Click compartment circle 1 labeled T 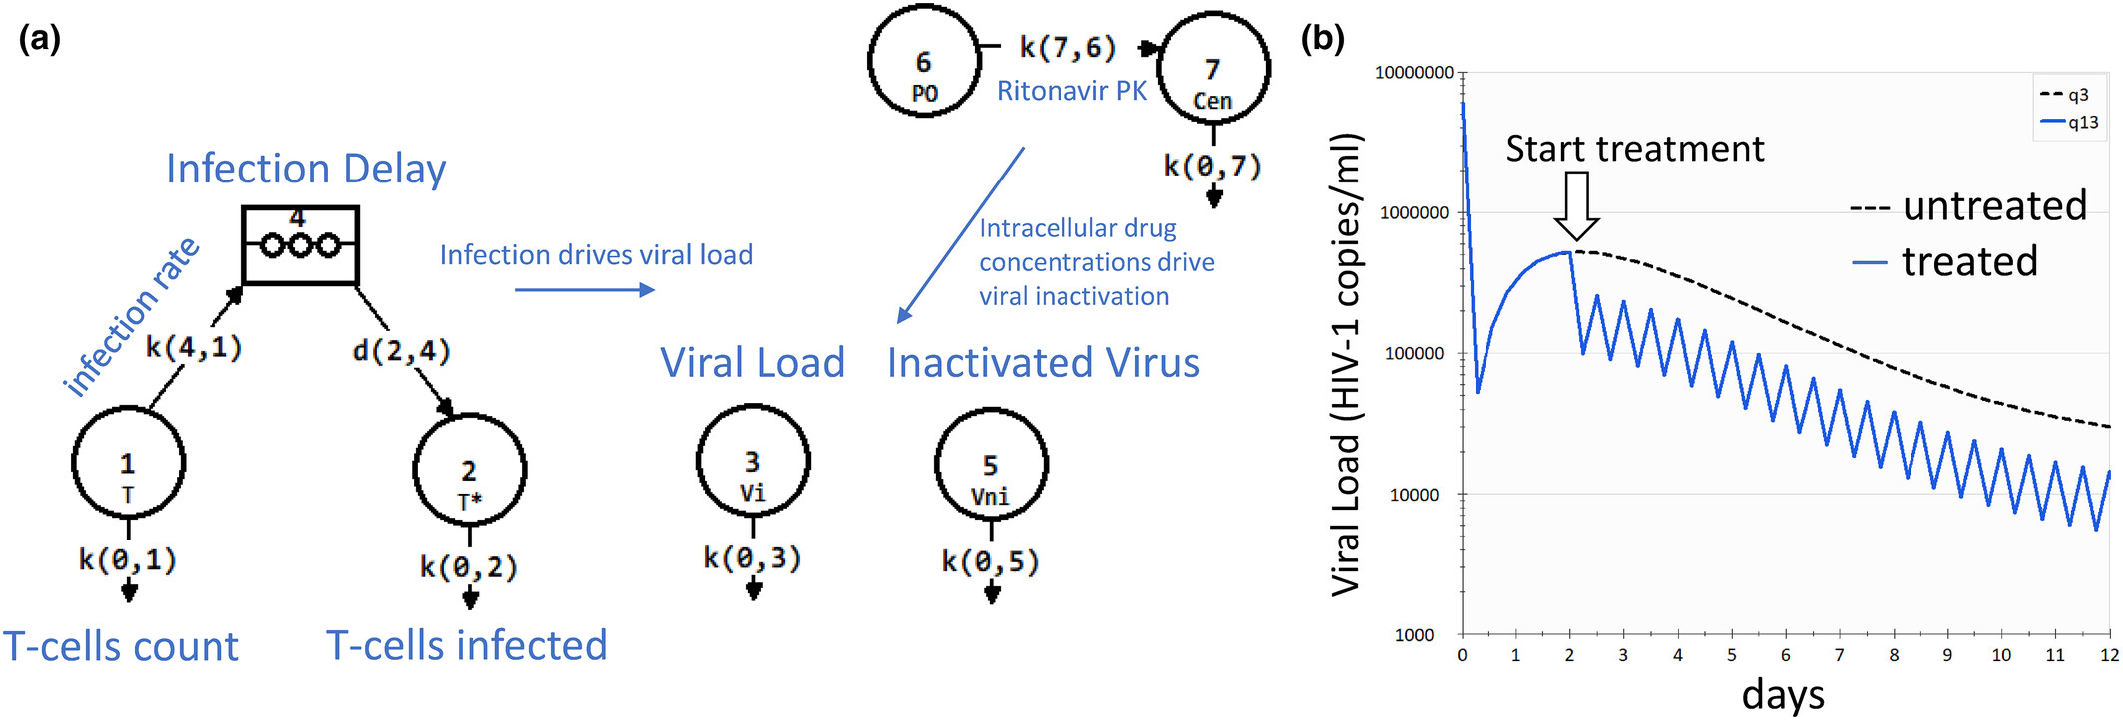pos(128,462)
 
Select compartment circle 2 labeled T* pos(469,470)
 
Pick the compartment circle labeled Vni pos(990,464)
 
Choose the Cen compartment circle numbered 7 pos(1213,68)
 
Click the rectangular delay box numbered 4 pos(300,245)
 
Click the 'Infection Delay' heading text pos(305,169)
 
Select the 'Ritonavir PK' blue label pos(1071,91)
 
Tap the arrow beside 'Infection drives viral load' pos(585,290)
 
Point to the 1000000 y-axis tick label pos(1414,212)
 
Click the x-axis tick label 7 pos(1839,655)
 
